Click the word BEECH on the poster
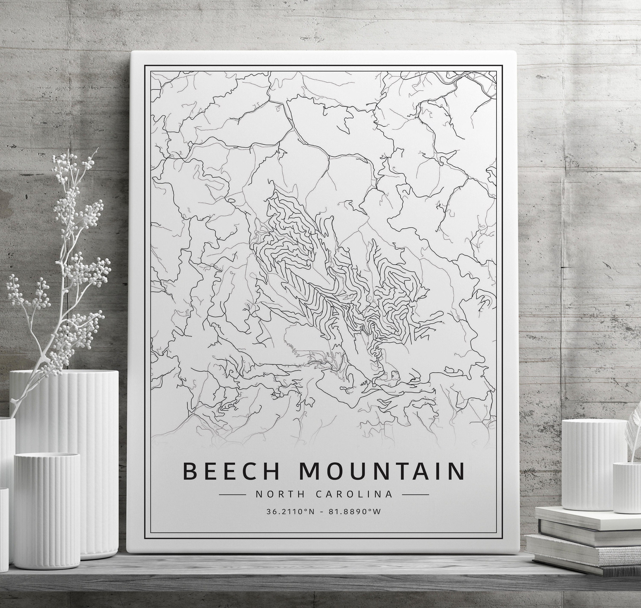(231, 471)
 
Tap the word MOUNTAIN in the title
(381, 471)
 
